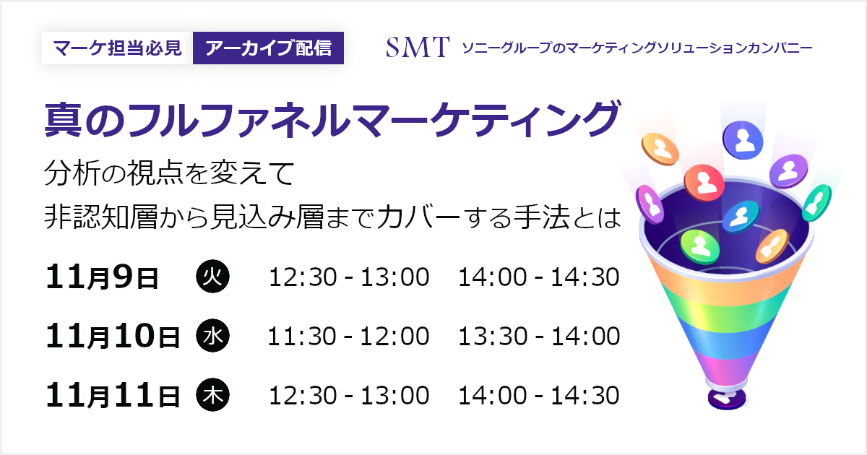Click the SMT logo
pos(418,47)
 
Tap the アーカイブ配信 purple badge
pos(268,48)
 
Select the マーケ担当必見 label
pos(117,48)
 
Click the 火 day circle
pos(213,277)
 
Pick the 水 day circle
pos(213,335)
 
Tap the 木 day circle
pos(213,394)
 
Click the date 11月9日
pos(102,277)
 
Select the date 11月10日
pos(113,336)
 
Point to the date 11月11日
pos(113,395)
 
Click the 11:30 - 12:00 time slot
pos(348,336)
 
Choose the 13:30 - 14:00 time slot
pos(539,336)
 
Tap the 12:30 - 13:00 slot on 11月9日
pos(349,277)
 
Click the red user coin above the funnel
pos(704,183)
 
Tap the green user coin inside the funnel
pos(700,246)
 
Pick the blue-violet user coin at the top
pos(743,139)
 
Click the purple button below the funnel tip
pos(727,399)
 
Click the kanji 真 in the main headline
pos(63,120)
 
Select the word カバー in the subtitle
pos(418,217)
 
